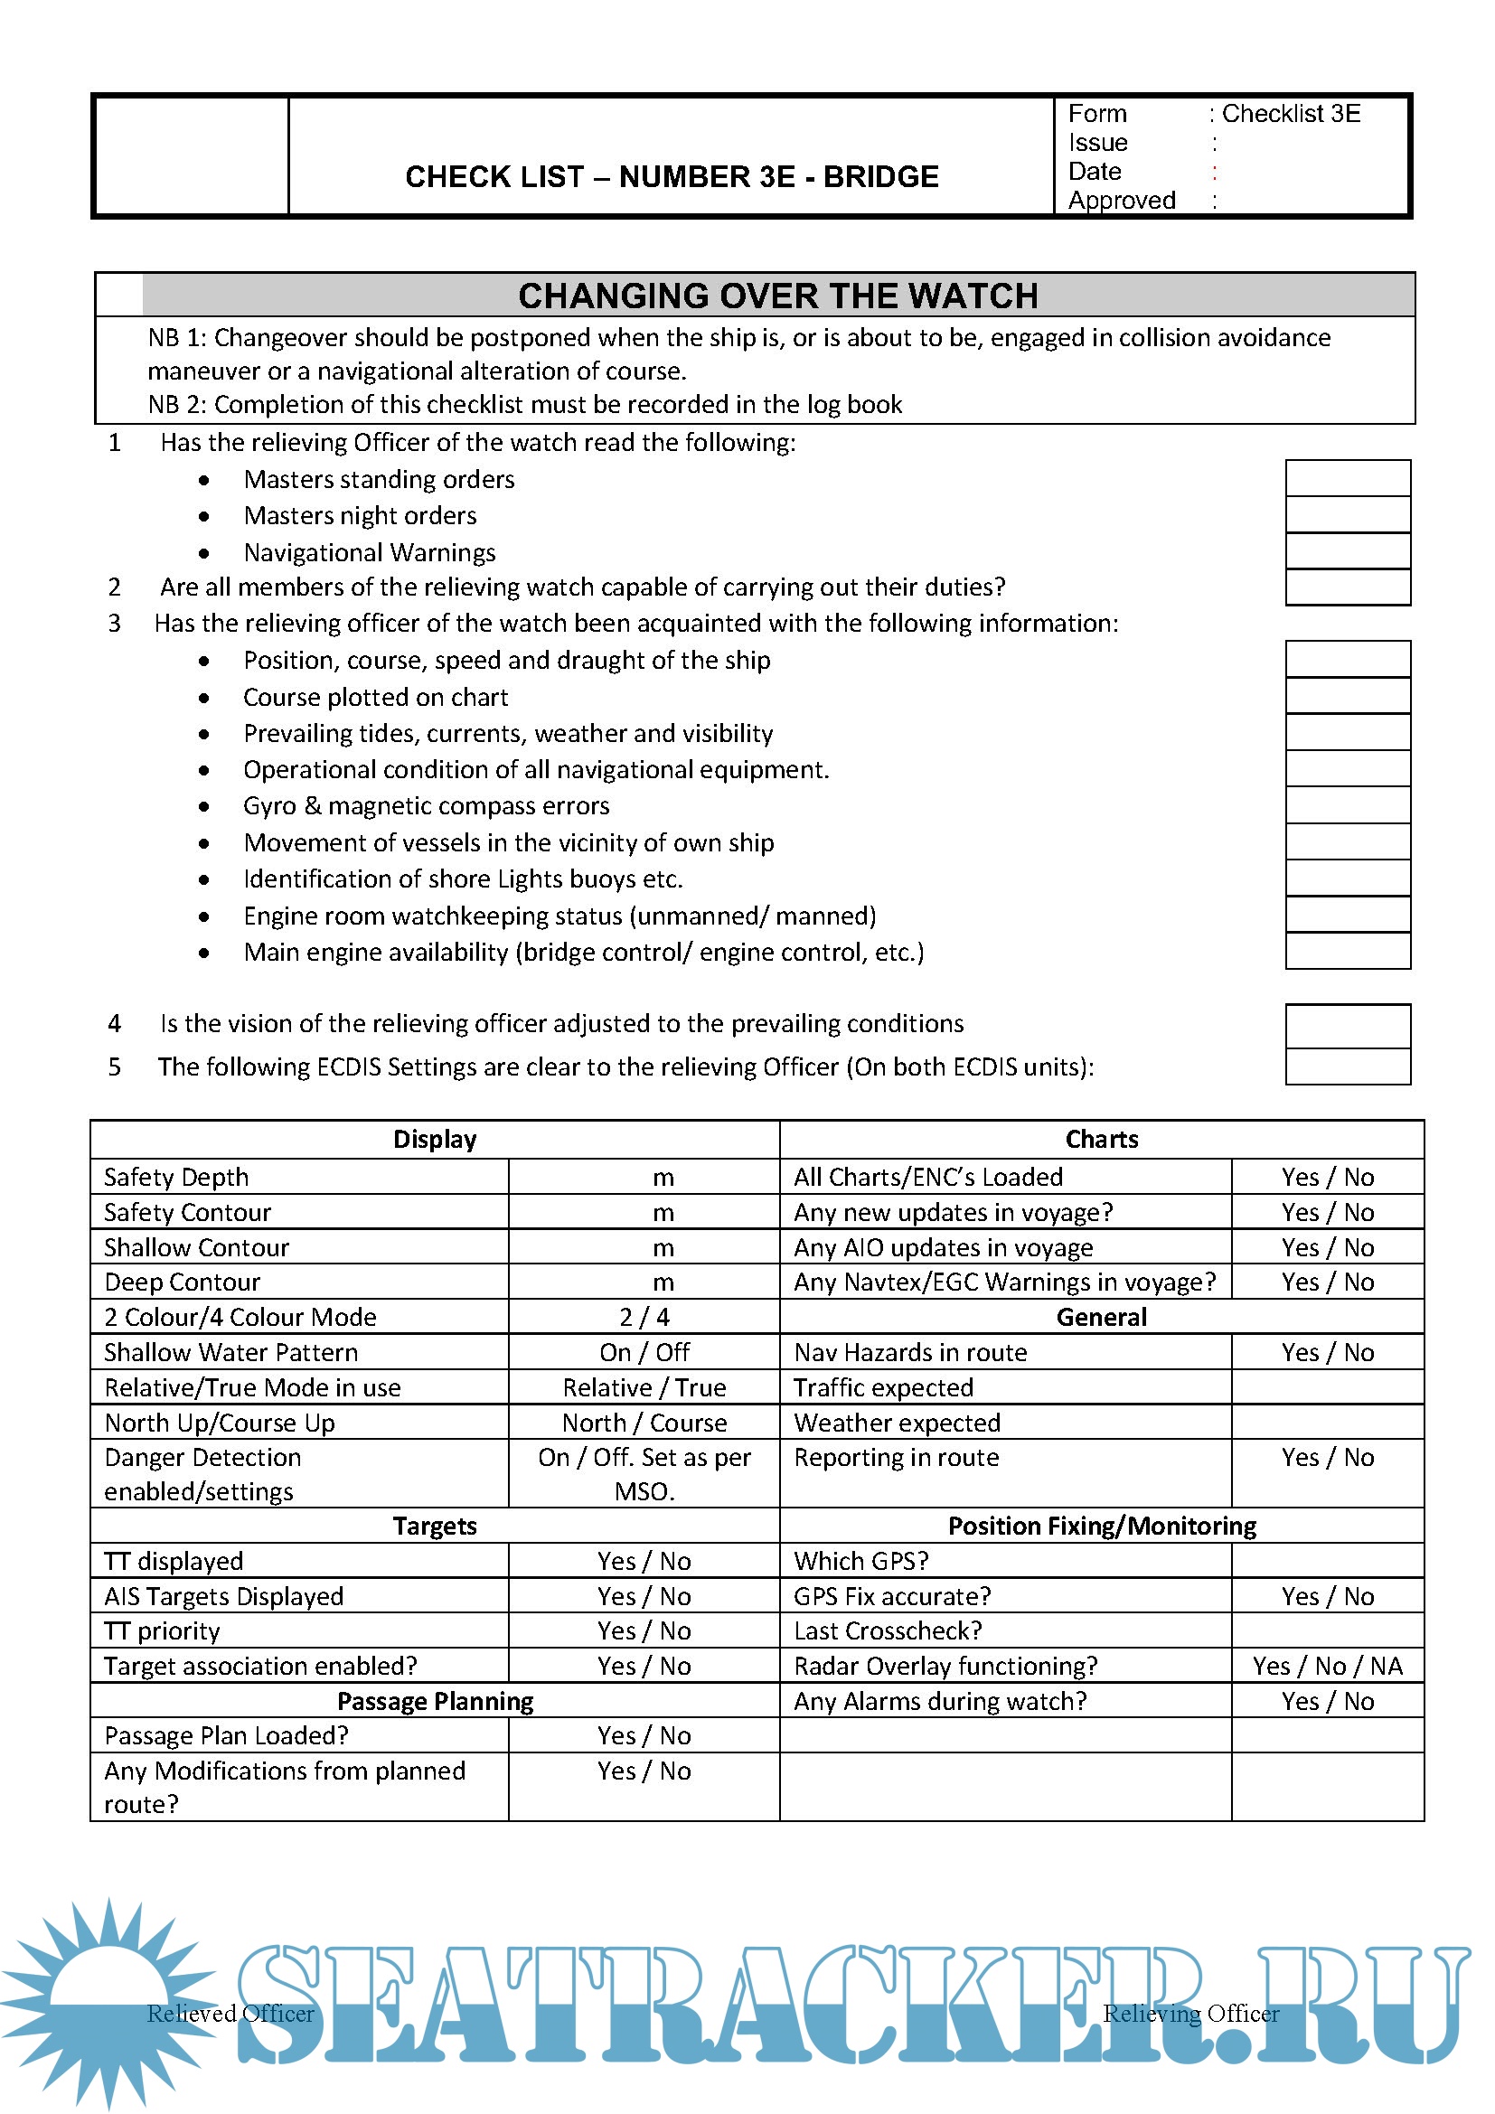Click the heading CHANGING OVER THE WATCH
tap(778, 296)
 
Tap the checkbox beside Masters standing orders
tap(1347, 479)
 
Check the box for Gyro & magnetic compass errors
tap(1347, 805)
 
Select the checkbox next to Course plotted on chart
tap(1347, 696)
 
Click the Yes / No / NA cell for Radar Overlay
tap(1327, 1666)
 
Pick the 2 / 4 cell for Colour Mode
tap(644, 1317)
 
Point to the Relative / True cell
tap(644, 1387)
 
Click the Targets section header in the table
tap(435, 1526)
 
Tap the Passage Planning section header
tap(435, 1701)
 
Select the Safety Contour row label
tap(188, 1212)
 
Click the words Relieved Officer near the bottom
tap(230, 2013)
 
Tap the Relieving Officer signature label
tap(1190, 2013)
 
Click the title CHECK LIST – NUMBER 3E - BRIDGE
tap(671, 176)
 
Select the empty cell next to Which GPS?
tap(1327, 1561)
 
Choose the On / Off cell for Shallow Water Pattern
tap(644, 1351)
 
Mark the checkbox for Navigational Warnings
tap(1347, 551)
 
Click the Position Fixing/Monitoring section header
tap(1101, 1526)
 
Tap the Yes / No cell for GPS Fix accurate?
tap(1327, 1595)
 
